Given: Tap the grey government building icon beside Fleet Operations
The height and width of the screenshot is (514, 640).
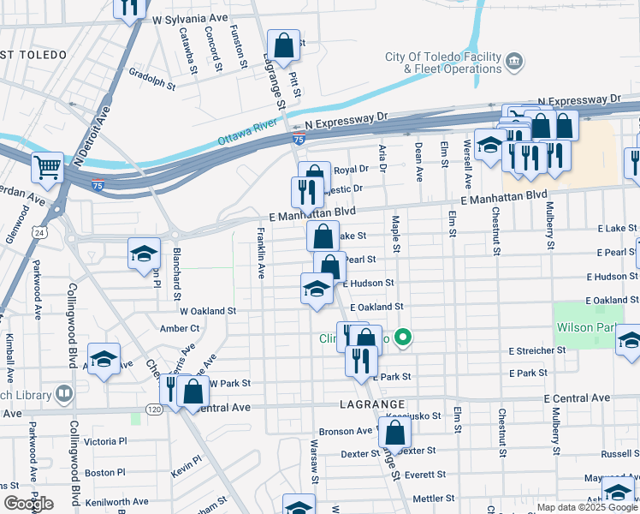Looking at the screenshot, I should pyautogui.click(x=514, y=61).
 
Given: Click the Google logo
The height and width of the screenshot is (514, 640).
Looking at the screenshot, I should pyautogui.click(x=27, y=503).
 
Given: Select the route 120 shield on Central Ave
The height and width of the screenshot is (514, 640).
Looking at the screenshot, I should pyautogui.click(x=154, y=409).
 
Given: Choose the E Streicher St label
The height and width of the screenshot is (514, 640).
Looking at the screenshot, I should pyautogui.click(x=536, y=350).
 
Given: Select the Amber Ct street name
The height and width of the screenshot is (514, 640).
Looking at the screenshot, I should pyautogui.click(x=179, y=328).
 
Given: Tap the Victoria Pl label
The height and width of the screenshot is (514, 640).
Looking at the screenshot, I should pyautogui.click(x=105, y=441).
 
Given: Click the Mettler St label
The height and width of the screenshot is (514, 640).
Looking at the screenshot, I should pyautogui.click(x=433, y=498).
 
